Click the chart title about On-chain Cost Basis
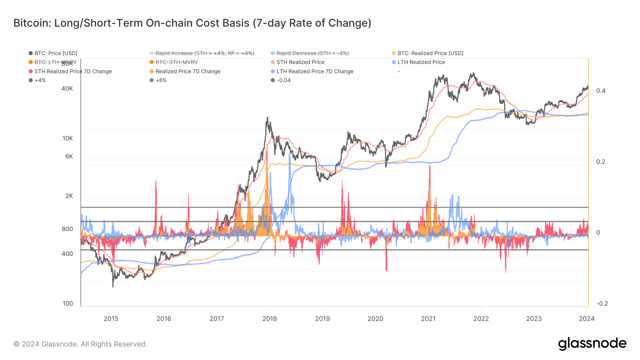192,23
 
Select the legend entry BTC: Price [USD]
56,53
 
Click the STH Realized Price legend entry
300,62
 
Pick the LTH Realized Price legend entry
421,62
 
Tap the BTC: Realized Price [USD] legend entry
430,53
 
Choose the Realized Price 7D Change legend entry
188,71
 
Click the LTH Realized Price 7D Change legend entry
315,71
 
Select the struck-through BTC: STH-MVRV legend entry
176,62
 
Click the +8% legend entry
161,80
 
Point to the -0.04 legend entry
283,80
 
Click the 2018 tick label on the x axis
270,319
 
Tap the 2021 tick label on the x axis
428,319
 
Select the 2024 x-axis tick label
587,319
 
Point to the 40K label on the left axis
67,88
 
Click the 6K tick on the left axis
69,156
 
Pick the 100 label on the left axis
68,303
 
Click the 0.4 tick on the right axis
601,91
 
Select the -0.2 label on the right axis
602,303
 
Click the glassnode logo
592,344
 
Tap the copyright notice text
80,344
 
